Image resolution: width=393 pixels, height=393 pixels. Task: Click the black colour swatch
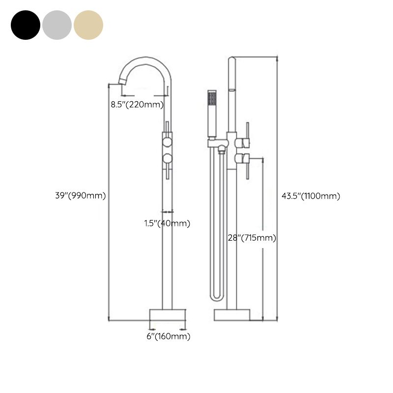point(25,24)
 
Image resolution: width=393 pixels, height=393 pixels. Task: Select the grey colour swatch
point(57,24)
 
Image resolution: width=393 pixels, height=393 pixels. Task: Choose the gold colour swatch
point(88,24)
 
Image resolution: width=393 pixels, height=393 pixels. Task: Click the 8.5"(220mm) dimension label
point(137,104)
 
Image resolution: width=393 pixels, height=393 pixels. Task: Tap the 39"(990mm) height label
point(80,195)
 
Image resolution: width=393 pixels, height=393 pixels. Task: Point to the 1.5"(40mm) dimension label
point(167,223)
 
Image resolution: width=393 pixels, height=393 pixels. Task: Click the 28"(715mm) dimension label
point(252,238)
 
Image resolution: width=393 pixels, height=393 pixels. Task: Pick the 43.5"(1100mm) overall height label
point(311,196)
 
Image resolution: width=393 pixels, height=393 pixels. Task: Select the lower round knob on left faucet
point(168,158)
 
